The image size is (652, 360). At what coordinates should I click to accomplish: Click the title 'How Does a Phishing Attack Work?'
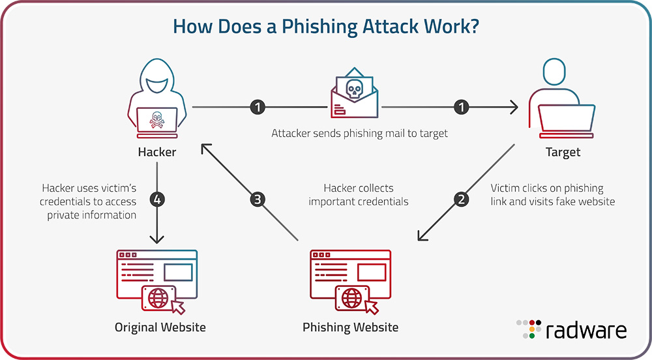click(325, 27)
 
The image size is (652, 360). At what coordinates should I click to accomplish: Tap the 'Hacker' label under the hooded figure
click(156, 153)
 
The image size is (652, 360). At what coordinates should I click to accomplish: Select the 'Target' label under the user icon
click(562, 153)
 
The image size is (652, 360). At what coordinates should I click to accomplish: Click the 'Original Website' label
click(160, 327)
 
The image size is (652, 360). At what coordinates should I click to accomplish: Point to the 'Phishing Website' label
click(350, 327)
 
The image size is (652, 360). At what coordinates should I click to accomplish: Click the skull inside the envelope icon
click(353, 90)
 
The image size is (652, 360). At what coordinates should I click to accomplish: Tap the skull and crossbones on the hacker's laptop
click(156, 120)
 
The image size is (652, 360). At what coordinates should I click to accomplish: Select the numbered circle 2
click(462, 200)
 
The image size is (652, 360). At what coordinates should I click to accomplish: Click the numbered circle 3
click(258, 200)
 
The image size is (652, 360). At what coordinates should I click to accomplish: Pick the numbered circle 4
click(156, 200)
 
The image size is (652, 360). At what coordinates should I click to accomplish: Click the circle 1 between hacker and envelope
click(258, 106)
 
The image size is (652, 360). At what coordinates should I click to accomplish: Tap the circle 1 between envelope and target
click(462, 106)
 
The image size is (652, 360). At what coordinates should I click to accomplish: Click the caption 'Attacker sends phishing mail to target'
click(359, 133)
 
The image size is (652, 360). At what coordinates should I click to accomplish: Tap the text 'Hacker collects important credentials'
click(359, 194)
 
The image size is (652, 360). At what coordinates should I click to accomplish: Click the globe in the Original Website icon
click(158, 298)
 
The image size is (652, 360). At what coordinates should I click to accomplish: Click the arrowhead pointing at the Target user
click(514, 106)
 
